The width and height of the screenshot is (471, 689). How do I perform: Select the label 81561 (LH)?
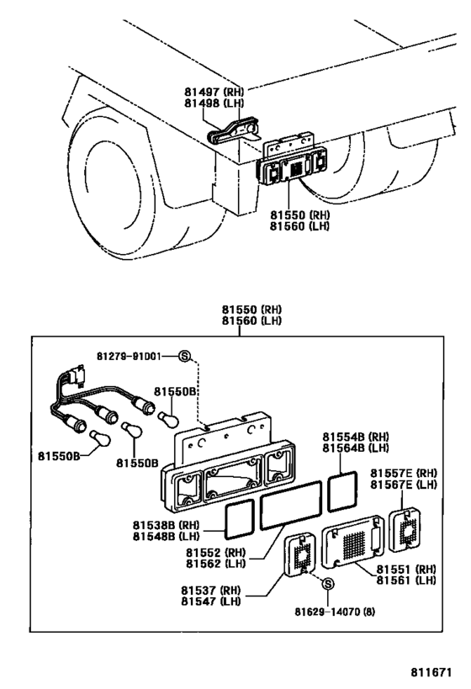click(x=405, y=580)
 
